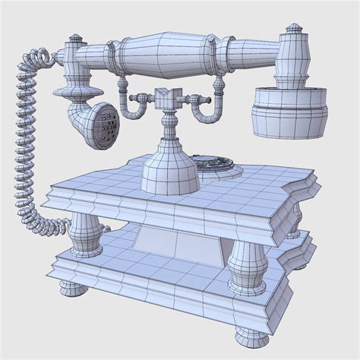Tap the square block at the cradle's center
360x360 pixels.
pyautogui.click(x=168, y=99)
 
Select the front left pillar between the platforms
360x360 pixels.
pyautogui.click(x=85, y=231)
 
